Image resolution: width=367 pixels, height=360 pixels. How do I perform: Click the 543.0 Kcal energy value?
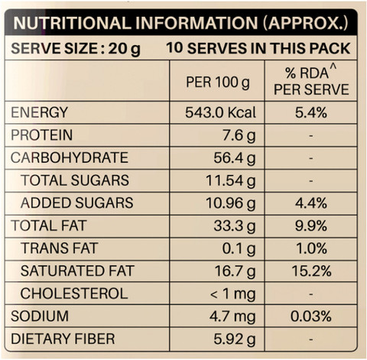click(x=220, y=112)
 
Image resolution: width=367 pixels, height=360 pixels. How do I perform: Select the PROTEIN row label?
click(x=42, y=135)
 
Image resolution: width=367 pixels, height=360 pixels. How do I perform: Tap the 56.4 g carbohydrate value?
click(x=235, y=157)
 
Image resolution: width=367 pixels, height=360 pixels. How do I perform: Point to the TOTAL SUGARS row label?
click(x=75, y=180)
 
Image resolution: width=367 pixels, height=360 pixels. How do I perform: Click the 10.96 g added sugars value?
click(x=231, y=203)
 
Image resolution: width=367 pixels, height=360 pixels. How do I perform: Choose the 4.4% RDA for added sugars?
click(x=311, y=203)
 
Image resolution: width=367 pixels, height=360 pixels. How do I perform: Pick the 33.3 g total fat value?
click(x=235, y=225)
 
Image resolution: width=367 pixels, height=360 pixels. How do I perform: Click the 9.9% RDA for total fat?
click(x=311, y=225)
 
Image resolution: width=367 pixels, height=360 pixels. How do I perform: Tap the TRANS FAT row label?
click(x=60, y=248)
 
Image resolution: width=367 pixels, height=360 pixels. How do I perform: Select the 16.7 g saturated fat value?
click(x=235, y=271)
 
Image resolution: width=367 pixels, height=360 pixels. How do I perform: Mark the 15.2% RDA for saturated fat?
click(x=311, y=271)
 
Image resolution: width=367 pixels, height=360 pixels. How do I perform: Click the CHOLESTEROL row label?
click(x=74, y=294)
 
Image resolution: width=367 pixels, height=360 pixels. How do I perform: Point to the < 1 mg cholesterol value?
click(x=232, y=294)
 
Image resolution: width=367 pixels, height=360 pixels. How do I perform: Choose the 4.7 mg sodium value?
click(x=232, y=316)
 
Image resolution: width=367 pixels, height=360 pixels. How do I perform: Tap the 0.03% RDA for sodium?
click(x=311, y=316)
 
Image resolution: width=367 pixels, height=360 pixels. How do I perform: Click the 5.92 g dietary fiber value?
click(x=235, y=339)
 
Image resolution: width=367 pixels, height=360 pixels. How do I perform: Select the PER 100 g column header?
click(x=218, y=83)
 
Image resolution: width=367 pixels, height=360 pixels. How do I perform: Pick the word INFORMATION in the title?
click(x=196, y=23)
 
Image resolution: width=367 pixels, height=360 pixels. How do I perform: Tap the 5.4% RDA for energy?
click(x=311, y=112)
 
